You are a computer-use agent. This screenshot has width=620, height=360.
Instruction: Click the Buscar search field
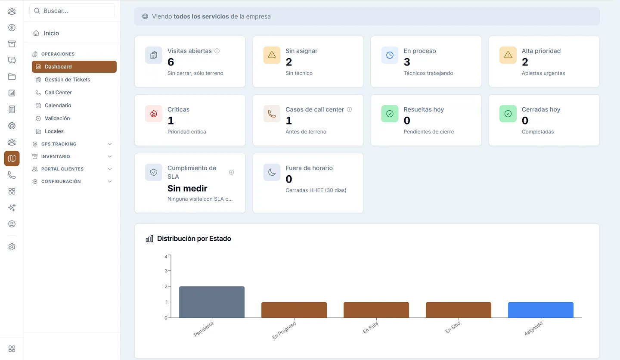[x=72, y=11]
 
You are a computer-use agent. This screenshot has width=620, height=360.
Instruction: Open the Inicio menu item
[x=51, y=33]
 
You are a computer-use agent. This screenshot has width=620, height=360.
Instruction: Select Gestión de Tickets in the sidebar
[x=67, y=80]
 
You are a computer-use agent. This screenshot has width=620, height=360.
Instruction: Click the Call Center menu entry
[x=58, y=93]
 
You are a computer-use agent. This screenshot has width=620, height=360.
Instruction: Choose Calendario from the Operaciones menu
[x=58, y=105]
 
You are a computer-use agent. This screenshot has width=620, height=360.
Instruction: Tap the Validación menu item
[x=57, y=118]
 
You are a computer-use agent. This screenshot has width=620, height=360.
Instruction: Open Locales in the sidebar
[x=54, y=131]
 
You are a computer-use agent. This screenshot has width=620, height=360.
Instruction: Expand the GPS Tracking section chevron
[x=110, y=144]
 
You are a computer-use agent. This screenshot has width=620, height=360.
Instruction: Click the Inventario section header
[x=56, y=156]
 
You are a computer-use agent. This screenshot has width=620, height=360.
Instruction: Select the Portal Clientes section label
[x=62, y=169]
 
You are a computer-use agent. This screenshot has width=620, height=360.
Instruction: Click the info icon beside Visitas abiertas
[x=217, y=51]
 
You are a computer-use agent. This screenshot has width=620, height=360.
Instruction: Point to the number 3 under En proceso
[x=406, y=62]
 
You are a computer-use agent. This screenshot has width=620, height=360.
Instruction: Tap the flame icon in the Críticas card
[x=154, y=114]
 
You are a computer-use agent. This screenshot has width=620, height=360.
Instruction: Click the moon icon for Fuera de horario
[x=272, y=172]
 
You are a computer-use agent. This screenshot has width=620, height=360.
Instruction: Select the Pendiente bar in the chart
[x=212, y=302]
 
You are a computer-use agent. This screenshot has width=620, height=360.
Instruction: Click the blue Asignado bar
[x=541, y=310]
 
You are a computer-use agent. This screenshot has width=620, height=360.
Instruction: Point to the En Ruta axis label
[x=370, y=328]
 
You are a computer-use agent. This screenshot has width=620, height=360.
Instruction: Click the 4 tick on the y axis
[x=166, y=257]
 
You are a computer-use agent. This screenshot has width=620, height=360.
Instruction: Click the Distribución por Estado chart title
[x=194, y=239]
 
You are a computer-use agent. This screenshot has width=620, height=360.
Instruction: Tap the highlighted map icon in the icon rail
[x=12, y=158]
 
